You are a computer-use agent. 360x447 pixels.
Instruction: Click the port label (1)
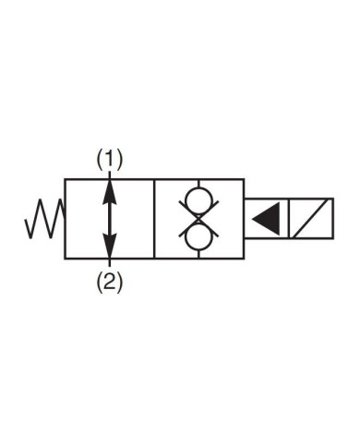click(110, 160)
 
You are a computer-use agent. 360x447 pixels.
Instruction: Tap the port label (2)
click(110, 284)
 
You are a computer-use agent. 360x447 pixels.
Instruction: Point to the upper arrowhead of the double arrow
click(110, 189)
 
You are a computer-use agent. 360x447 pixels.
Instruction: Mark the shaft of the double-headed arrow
click(110, 219)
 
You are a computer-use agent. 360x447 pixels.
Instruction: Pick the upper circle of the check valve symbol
click(198, 201)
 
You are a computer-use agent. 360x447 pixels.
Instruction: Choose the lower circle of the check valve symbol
click(198, 237)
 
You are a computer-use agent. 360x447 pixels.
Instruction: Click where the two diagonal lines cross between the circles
click(198, 220)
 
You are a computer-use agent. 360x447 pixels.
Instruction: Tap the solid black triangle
click(267, 220)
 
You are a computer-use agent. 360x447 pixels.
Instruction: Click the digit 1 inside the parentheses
click(110, 160)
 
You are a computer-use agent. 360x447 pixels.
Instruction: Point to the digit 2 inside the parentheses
click(110, 284)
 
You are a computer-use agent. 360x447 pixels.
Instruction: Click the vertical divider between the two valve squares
click(154, 220)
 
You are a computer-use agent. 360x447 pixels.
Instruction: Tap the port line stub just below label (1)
click(110, 175)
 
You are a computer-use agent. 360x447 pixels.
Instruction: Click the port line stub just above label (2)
click(110, 265)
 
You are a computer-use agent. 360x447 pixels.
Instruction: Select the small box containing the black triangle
click(265, 220)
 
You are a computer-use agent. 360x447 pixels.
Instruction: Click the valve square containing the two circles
click(198, 220)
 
